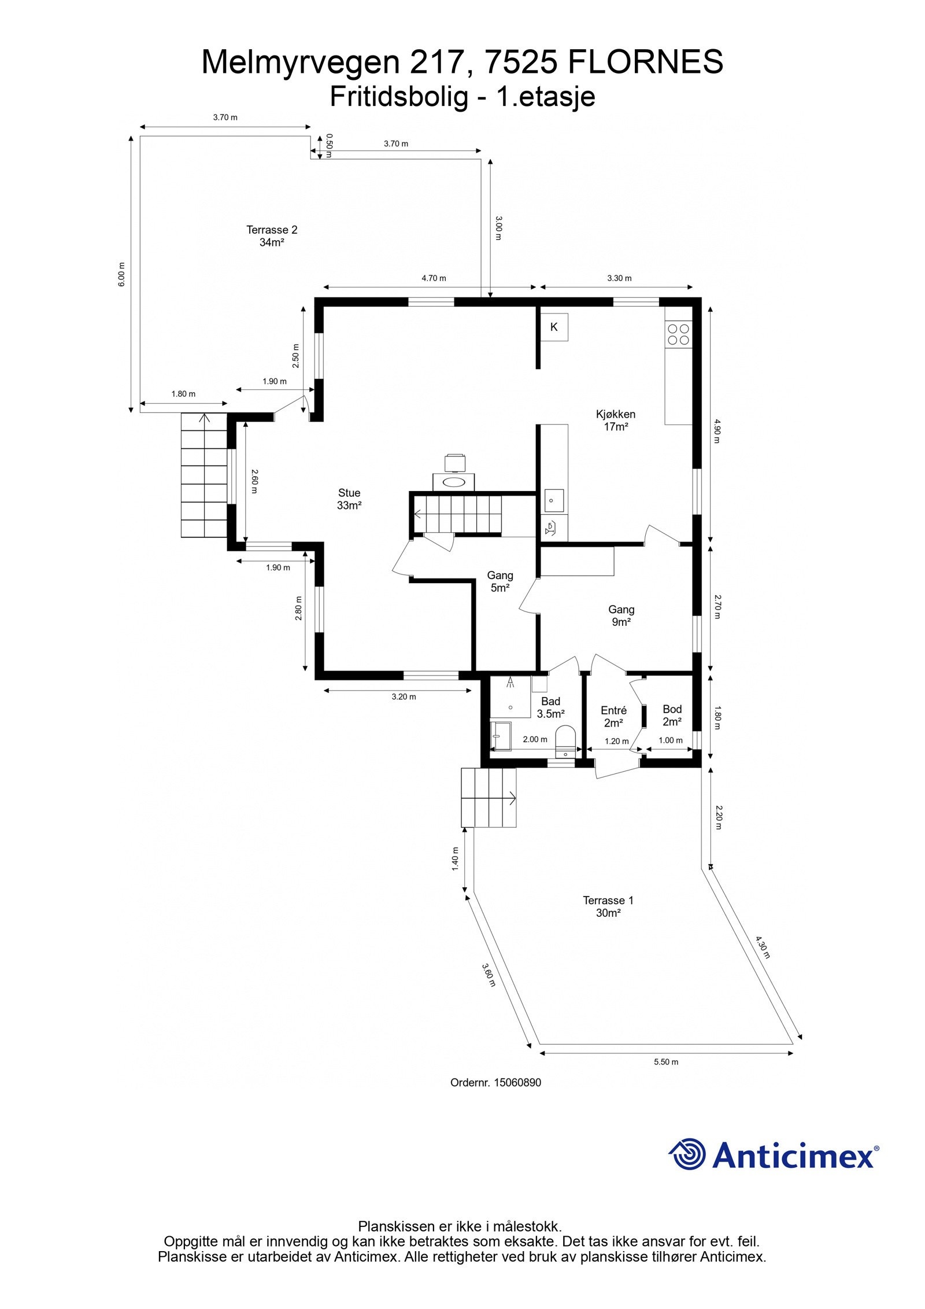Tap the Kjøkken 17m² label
pyautogui.click(x=616, y=421)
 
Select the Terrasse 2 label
pyautogui.click(x=272, y=230)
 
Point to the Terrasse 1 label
pyautogui.click(x=608, y=901)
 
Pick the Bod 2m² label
pyautogui.click(x=672, y=716)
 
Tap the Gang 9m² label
pyautogui.click(x=621, y=615)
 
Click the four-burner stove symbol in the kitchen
pyautogui.click(x=678, y=334)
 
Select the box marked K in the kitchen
pyautogui.click(x=554, y=327)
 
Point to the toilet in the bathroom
pyautogui.click(x=565, y=741)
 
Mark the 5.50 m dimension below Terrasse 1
pyautogui.click(x=666, y=1062)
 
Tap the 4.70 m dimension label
pyautogui.click(x=434, y=278)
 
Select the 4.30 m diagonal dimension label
pyautogui.click(x=763, y=947)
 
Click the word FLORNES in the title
pyautogui.click(x=646, y=62)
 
